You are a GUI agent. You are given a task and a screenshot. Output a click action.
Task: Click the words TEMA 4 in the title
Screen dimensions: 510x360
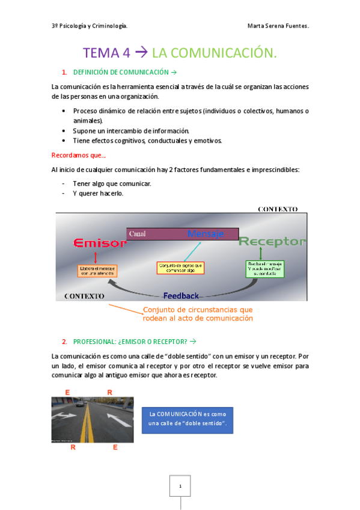pos(106,53)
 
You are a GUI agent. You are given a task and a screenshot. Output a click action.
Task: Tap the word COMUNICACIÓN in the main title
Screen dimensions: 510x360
pos(215,53)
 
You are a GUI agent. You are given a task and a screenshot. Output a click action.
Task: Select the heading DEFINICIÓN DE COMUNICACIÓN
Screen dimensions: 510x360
pos(117,72)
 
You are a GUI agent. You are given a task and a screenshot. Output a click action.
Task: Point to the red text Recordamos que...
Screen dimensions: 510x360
pos(79,155)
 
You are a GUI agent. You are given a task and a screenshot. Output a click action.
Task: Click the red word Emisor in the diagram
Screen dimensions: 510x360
pos(100,243)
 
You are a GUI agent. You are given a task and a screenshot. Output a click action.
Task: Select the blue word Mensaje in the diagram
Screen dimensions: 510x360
pos(206,233)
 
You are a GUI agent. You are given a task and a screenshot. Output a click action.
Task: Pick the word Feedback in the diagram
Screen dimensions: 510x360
pos(181,295)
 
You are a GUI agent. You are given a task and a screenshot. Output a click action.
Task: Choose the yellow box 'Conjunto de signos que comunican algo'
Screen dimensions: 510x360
pos(181,267)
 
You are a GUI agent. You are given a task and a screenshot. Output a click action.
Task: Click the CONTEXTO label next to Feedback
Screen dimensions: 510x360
pos(84,296)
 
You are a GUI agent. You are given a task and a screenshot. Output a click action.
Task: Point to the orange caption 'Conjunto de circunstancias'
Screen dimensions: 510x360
pos(198,314)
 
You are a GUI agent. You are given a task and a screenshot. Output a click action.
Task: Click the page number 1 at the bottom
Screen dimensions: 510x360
pos(180,486)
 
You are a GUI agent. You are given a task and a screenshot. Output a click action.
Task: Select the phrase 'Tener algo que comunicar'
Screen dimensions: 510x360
pos(112,183)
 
